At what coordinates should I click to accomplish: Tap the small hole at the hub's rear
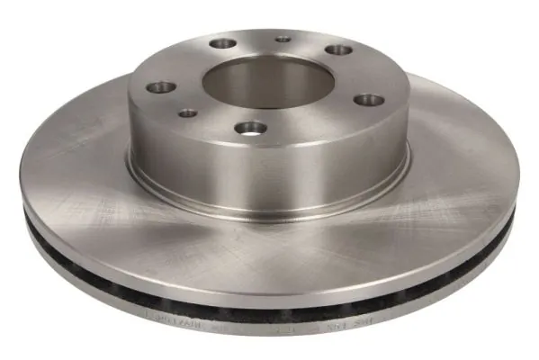(283, 39)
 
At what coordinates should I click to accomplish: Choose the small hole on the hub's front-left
(187, 112)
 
